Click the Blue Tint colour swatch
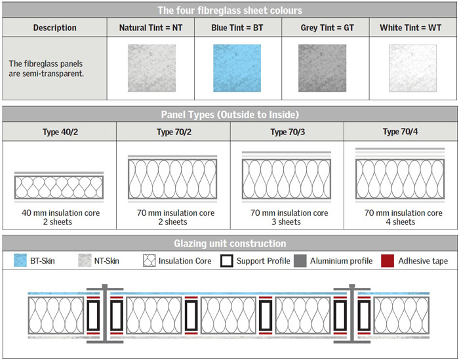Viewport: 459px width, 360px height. point(237,68)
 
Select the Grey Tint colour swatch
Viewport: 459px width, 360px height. point(322,68)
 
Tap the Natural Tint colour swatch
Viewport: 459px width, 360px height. point(151,68)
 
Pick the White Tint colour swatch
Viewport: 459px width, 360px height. point(412,68)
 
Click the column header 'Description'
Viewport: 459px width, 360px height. point(54,28)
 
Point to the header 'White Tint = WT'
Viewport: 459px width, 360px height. point(410,28)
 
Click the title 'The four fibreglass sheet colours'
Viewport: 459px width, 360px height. point(229,10)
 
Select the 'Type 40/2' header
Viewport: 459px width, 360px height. point(60,132)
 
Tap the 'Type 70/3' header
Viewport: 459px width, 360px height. point(287,132)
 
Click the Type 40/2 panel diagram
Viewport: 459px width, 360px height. point(59,187)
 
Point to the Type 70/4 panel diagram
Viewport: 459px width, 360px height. point(400,175)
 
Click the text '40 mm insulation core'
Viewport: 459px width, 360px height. point(60,212)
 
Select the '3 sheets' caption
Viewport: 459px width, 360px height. point(286,222)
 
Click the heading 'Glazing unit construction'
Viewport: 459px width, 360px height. point(229,243)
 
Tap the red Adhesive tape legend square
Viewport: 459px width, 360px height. point(388,260)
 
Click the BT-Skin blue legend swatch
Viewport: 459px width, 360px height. point(20,260)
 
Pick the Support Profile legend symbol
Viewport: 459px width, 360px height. point(227,260)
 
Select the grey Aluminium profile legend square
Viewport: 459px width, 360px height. point(300,260)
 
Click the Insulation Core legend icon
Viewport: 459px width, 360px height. point(150,260)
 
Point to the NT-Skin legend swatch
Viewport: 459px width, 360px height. point(85,260)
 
